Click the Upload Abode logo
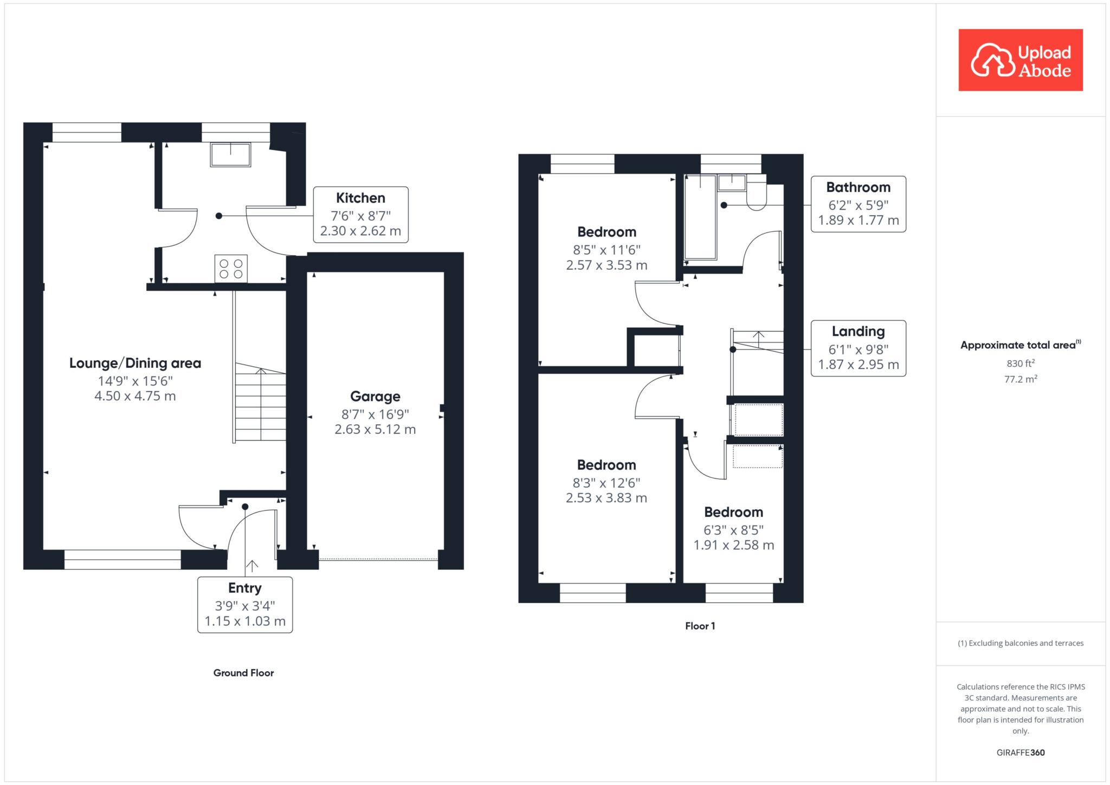point(1021,60)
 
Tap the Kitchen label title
point(360,198)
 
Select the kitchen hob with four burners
point(231,269)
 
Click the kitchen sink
point(231,155)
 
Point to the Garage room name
point(375,397)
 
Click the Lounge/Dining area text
point(135,363)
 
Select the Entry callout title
point(245,588)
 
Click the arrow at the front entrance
point(252,567)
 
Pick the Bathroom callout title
point(859,187)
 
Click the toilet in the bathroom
point(757,192)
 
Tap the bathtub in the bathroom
point(701,217)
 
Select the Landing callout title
point(859,332)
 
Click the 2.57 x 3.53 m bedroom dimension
point(606,265)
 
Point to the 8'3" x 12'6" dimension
point(606,483)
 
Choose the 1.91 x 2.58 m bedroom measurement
point(734,546)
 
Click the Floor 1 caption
point(700,626)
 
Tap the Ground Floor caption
point(243,673)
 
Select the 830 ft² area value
point(1021,364)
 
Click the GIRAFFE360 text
point(1021,752)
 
